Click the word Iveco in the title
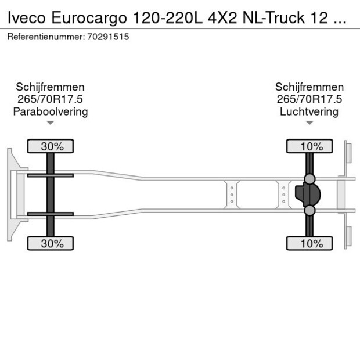pyautogui.click(x=27, y=18)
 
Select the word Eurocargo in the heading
pyautogui.click(x=89, y=19)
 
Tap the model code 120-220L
pyautogui.click(x=168, y=18)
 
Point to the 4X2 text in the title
pyautogui.click(x=222, y=18)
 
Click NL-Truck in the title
pyautogui.click(x=273, y=18)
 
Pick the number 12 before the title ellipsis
pyautogui.click(x=319, y=18)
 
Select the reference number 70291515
pyautogui.click(x=108, y=37)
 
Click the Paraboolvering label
pyautogui.click(x=51, y=112)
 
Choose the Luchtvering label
pyautogui.click(x=309, y=112)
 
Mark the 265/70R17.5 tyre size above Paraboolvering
pyautogui.click(x=50, y=99)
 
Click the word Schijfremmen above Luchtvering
pyautogui.click(x=309, y=87)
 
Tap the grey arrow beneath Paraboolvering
pyautogui.click(x=51, y=123)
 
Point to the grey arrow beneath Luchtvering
pyautogui.click(x=309, y=123)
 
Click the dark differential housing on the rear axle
pyautogui.click(x=308, y=195)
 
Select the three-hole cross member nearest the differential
pyautogui.click(x=284, y=195)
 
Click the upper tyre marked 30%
pyautogui.click(x=51, y=146)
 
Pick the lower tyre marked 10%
pyautogui.click(x=309, y=243)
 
